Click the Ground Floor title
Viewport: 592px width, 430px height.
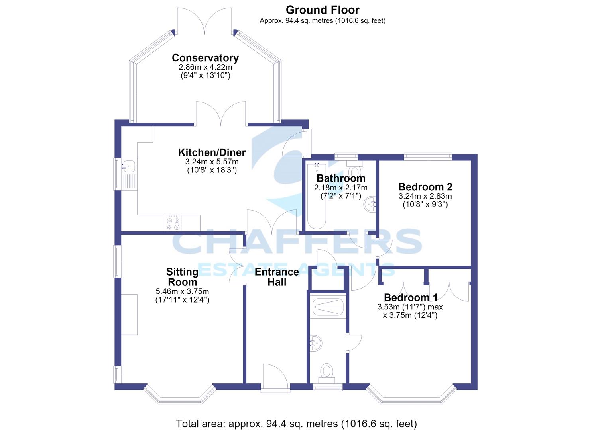click(x=323, y=10)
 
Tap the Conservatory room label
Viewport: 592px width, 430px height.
click(x=205, y=58)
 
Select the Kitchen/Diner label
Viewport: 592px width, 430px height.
click(x=212, y=152)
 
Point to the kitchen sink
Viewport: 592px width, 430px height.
click(x=129, y=174)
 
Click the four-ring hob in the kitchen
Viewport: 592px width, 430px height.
click(x=173, y=223)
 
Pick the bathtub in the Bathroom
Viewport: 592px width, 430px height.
click(x=317, y=196)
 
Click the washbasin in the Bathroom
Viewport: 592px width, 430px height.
click(x=370, y=204)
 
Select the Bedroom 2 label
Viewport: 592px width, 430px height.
click(x=425, y=187)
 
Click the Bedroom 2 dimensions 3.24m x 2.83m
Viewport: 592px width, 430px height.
click(x=425, y=196)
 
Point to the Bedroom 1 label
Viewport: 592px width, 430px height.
click(x=411, y=297)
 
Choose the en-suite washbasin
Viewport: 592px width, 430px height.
click(x=316, y=343)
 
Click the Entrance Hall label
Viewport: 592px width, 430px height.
click(x=277, y=277)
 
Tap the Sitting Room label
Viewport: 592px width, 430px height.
click(x=182, y=277)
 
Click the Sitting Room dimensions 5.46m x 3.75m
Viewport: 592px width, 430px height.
click(x=182, y=291)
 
